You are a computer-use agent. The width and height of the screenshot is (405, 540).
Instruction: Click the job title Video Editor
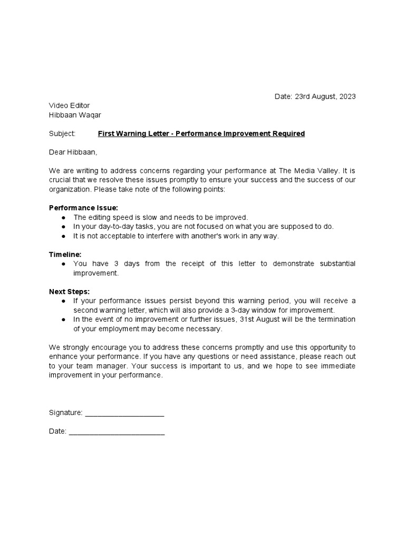69,106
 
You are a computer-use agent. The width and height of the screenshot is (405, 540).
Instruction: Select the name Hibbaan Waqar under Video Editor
75,115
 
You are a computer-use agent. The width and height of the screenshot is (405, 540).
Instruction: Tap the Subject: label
62,134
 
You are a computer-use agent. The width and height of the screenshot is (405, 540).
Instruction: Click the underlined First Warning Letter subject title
201,134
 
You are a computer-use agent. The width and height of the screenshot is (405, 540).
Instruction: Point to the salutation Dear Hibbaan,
73,152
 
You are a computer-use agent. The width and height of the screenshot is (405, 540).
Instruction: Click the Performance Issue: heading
83,208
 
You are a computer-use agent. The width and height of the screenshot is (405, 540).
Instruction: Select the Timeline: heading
65,254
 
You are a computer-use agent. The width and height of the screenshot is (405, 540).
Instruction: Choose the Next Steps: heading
69,292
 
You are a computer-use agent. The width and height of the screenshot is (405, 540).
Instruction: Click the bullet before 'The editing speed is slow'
63,217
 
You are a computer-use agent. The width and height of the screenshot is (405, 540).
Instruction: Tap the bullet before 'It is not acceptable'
63,236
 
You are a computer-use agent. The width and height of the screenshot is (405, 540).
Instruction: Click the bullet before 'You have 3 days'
63,264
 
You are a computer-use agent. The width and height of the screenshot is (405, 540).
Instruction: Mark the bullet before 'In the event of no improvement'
63,320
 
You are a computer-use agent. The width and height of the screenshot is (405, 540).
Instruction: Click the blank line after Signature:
124,413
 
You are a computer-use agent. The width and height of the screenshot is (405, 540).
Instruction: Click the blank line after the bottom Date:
117,431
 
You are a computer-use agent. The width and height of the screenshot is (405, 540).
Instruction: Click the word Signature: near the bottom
65,413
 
